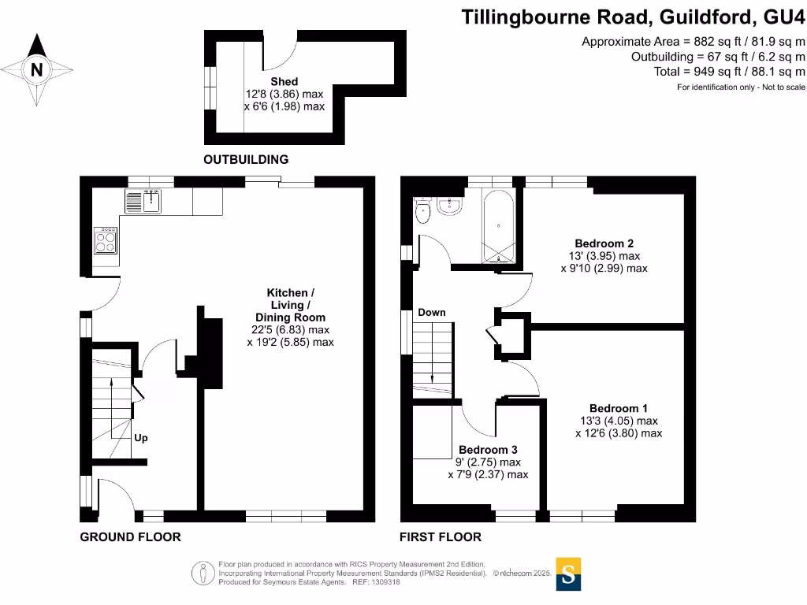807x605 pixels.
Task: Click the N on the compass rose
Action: (x=36, y=69)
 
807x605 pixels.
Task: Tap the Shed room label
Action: (x=284, y=81)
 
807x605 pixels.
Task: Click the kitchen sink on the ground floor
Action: (x=143, y=202)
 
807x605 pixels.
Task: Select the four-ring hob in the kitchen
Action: (x=106, y=239)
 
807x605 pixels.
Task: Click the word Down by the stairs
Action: (x=432, y=313)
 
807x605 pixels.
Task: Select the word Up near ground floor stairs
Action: (x=141, y=438)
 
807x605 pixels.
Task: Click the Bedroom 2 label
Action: (x=604, y=243)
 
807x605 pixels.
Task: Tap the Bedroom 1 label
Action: (x=619, y=408)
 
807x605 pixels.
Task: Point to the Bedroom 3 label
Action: (x=488, y=450)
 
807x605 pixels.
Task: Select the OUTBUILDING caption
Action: (x=246, y=160)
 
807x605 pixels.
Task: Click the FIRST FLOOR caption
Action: (x=441, y=537)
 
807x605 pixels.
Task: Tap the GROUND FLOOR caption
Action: (x=131, y=537)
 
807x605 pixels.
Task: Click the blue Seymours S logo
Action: (x=569, y=573)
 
